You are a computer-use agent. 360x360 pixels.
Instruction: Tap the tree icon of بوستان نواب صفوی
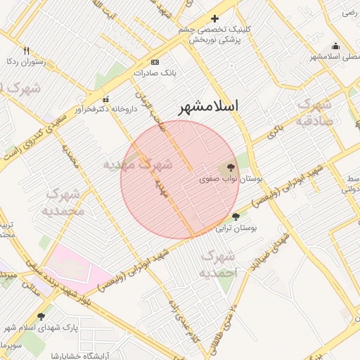(x=231, y=167)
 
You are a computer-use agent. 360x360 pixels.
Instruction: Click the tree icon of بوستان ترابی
(x=235, y=217)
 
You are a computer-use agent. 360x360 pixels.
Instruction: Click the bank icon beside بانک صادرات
(x=155, y=62)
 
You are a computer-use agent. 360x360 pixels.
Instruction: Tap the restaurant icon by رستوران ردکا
(x=27, y=51)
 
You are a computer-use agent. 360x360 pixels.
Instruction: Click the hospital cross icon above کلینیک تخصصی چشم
(x=215, y=18)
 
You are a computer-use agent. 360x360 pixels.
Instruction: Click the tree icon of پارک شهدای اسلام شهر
(x=41, y=316)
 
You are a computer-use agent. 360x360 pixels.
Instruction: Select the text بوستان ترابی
(x=236, y=229)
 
